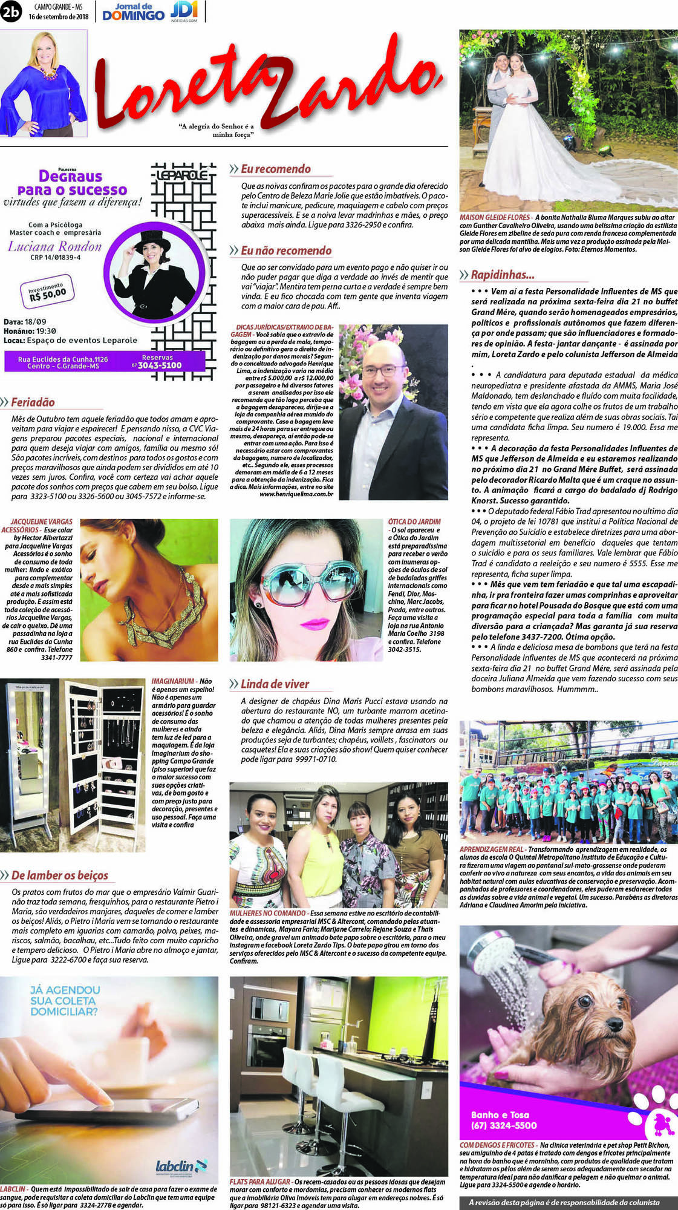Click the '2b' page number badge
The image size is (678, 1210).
10,11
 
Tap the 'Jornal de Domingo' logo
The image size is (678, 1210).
133,11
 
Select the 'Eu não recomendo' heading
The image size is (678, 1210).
285,250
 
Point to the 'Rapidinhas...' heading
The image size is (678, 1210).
502,275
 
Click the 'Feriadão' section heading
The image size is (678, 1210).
33,402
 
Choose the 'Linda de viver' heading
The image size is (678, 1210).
275,684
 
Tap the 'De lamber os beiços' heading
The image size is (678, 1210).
59,875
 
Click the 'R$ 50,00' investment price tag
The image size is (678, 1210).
47,293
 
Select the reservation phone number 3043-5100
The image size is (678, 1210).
159,365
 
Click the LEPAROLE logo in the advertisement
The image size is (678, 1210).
181,175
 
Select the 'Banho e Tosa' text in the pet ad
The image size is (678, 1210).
500,1114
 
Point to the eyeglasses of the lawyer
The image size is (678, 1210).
383,370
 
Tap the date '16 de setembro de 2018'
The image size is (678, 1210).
58,16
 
